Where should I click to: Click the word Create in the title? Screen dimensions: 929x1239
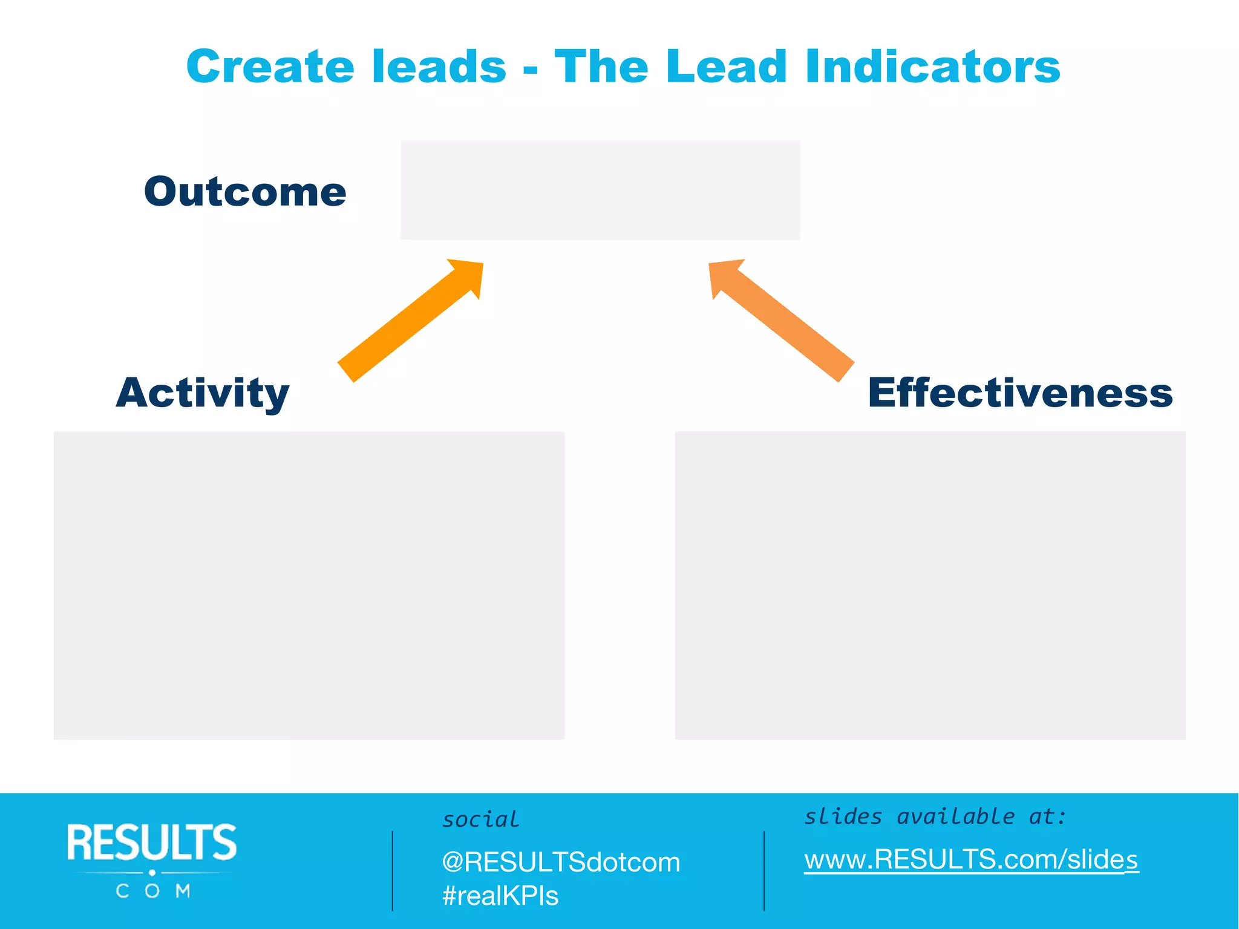pos(270,67)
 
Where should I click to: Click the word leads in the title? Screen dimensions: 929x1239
pos(439,67)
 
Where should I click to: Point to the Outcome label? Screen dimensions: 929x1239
pos(245,192)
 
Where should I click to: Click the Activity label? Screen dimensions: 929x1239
pos(203,393)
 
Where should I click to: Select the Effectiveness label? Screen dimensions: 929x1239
pos(1020,393)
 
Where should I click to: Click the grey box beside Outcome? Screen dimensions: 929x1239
pos(600,191)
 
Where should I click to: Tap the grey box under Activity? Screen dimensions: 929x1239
pos(309,585)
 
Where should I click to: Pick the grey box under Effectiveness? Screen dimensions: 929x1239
pos(930,585)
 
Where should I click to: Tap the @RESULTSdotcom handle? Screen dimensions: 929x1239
pos(561,862)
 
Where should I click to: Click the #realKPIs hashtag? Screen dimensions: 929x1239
pos(500,896)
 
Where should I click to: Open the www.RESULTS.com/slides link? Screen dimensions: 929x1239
pos(971,859)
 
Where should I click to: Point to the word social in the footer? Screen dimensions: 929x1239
pos(480,820)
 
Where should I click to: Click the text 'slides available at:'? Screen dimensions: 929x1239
pos(935,817)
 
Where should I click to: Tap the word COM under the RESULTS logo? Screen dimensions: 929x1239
pos(153,891)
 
